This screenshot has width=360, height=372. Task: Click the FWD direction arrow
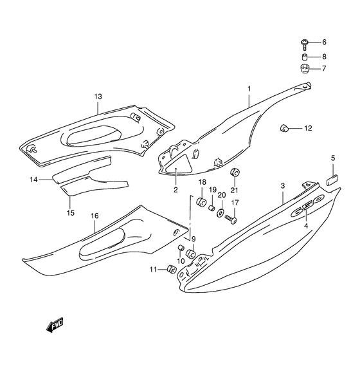[x=55, y=324]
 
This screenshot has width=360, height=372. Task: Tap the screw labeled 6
[x=304, y=44]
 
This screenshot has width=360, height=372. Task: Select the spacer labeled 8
[x=304, y=57]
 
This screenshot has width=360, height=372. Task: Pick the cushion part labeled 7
[x=304, y=69]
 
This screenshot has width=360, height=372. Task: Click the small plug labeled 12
[x=283, y=128]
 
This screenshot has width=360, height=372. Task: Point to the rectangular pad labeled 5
[x=332, y=180]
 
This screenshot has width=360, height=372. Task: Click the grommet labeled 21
[x=235, y=172]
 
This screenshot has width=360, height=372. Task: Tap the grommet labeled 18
[x=201, y=201]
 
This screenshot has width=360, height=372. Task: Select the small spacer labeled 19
[x=212, y=209]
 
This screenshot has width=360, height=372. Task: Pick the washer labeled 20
[x=220, y=213]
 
